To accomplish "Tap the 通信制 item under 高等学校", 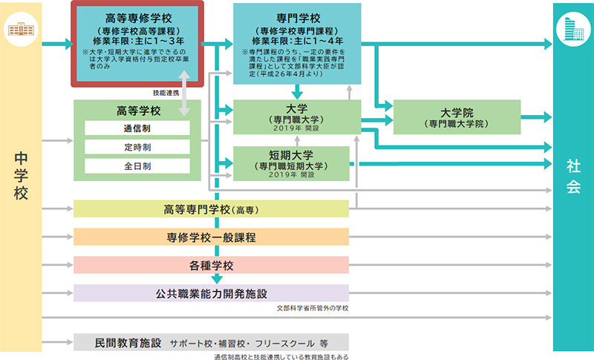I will pos(137,128).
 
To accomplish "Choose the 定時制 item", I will pos(137,147).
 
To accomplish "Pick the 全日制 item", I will pos(137,166).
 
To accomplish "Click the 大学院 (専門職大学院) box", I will pos(457,117).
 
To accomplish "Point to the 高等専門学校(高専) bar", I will pos(211,209).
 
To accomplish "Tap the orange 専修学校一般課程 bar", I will pos(211,238).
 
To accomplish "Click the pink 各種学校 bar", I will pos(211,265).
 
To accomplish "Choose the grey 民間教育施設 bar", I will pos(211,344).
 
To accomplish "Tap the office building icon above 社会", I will pos(572,29).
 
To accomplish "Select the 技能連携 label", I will pos(166,93).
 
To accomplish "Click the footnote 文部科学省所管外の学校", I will pos(312,307).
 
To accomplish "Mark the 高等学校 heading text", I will pos(137,110).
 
